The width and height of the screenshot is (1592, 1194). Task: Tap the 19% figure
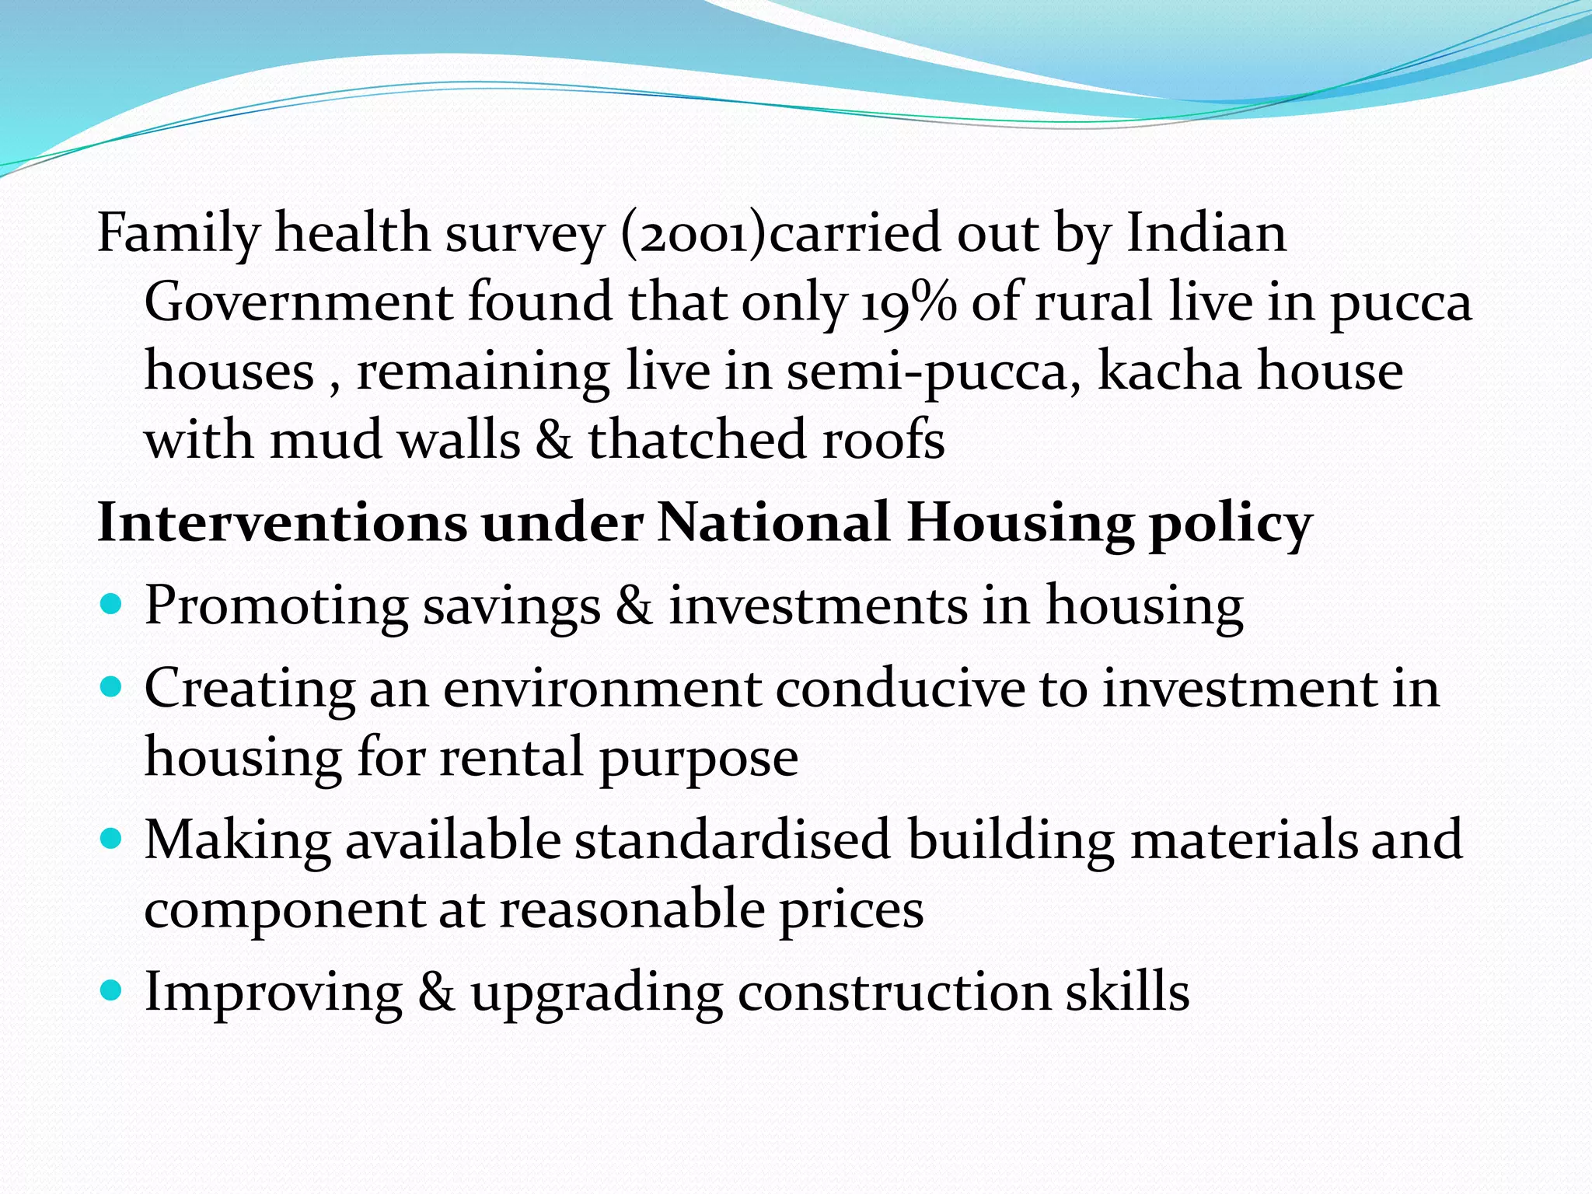click(x=908, y=302)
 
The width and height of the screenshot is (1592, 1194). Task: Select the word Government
click(x=298, y=302)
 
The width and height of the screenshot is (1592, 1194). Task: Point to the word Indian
click(x=1206, y=233)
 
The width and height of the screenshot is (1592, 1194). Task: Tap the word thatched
click(x=696, y=440)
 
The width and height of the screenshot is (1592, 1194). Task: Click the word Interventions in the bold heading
click(x=281, y=523)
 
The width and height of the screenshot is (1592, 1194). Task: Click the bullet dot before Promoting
click(x=112, y=604)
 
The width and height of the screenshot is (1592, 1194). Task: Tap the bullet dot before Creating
click(x=112, y=687)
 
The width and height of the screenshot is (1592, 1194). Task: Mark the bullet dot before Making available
click(x=112, y=839)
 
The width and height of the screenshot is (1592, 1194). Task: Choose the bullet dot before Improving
click(x=112, y=990)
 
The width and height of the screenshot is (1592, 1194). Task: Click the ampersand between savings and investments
click(x=634, y=606)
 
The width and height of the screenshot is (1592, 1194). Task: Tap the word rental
click(x=511, y=757)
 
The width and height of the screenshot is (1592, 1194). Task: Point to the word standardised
click(x=732, y=840)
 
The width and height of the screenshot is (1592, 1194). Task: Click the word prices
click(x=851, y=910)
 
